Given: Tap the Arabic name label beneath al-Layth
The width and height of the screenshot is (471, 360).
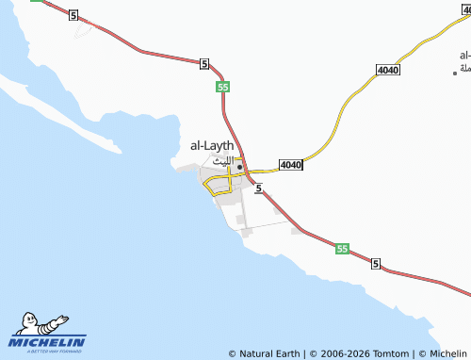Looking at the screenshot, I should click(x=220, y=161).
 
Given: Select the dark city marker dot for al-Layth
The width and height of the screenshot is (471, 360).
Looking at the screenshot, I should click(x=240, y=168).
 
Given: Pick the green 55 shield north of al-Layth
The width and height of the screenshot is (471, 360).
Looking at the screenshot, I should click(x=222, y=87).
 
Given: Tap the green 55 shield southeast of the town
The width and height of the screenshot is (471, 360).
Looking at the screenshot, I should click(x=342, y=249).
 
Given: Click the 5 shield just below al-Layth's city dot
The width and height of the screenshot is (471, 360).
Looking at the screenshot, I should click(x=256, y=188).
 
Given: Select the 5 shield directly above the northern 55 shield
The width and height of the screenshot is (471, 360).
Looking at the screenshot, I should click(x=203, y=63).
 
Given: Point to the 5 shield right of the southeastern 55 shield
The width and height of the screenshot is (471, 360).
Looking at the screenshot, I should click(x=375, y=263).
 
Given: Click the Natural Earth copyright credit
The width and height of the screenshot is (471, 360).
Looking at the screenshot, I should click(x=265, y=353).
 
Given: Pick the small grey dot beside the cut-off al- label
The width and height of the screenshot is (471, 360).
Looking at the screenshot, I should click(x=455, y=72).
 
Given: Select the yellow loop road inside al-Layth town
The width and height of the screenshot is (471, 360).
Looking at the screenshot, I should click(x=219, y=184).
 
